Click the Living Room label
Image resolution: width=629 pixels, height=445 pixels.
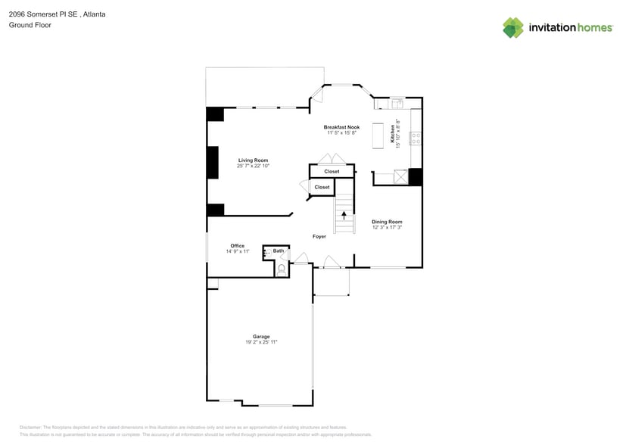point(253,160)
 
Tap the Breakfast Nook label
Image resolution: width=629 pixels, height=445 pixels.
point(341,127)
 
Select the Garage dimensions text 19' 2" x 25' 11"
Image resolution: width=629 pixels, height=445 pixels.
point(261,342)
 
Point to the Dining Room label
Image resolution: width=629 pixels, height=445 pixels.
point(386,222)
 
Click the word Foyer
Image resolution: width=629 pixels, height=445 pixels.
point(319,236)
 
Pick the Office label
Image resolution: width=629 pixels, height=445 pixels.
point(237,246)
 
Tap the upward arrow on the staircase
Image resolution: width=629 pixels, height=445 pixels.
point(344,215)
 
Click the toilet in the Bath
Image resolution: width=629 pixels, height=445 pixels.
point(282,268)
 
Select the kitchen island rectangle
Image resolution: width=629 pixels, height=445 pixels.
point(376,136)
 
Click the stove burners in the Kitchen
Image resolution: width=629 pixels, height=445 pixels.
point(416,138)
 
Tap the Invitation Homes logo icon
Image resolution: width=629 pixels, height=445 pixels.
point(513,27)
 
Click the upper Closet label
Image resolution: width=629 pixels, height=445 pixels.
point(332,172)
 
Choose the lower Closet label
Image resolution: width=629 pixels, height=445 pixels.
point(322,187)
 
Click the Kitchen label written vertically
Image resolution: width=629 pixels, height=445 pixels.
point(393,133)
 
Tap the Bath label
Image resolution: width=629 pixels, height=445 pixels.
point(279,251)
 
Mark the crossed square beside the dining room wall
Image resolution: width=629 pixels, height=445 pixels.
point(395,177)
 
